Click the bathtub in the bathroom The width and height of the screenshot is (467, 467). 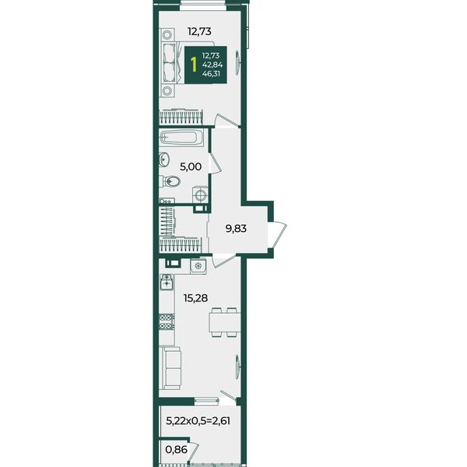pyautogui.click(x=181, y=138)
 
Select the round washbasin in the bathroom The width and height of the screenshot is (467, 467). pyautogui.click(x=163, y=160)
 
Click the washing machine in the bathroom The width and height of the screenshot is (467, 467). pyautogui.click(x=200, y=195)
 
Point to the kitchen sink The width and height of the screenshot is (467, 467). pyautogui.click(x=167, y=282)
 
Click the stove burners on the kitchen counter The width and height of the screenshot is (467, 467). pyautogui.click(x=167, y=322)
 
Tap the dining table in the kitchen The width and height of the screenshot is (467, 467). pyautogui.click(x=225, y=322)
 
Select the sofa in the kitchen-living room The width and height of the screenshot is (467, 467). pyautogui.click(x=170, y=368)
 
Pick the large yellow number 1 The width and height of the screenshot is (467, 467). pyautogui.click(x=194, y=65)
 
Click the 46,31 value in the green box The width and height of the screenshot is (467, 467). pyautogui.click(x=211, y=74)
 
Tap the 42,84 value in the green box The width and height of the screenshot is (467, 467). pyautogui.click(x=212, y=65)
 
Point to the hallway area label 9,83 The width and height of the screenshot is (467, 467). pyautogui.click(x=236, y=229)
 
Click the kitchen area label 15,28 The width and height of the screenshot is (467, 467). pyautogui.click(x=195, y=298)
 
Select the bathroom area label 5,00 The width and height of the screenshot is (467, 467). pyautogui.click(x=191, y=167)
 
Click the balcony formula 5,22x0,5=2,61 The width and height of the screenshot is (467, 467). pyautogui.click(x=198, y=421)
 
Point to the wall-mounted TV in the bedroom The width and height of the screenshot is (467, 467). pyautogui.click(x=237, y=62)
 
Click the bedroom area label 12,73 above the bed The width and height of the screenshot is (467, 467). pyautogui.click(x=199, y=31)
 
